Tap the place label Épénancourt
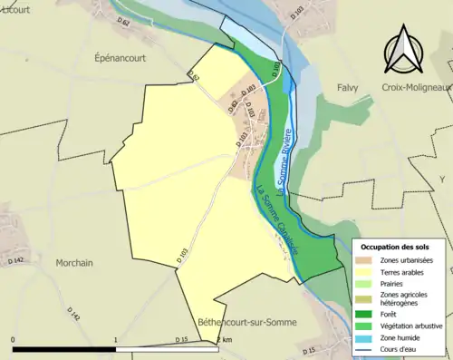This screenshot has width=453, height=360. pos(120,57)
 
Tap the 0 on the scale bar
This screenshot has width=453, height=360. pos(14,340)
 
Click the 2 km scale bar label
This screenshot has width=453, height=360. pos(222,340)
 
